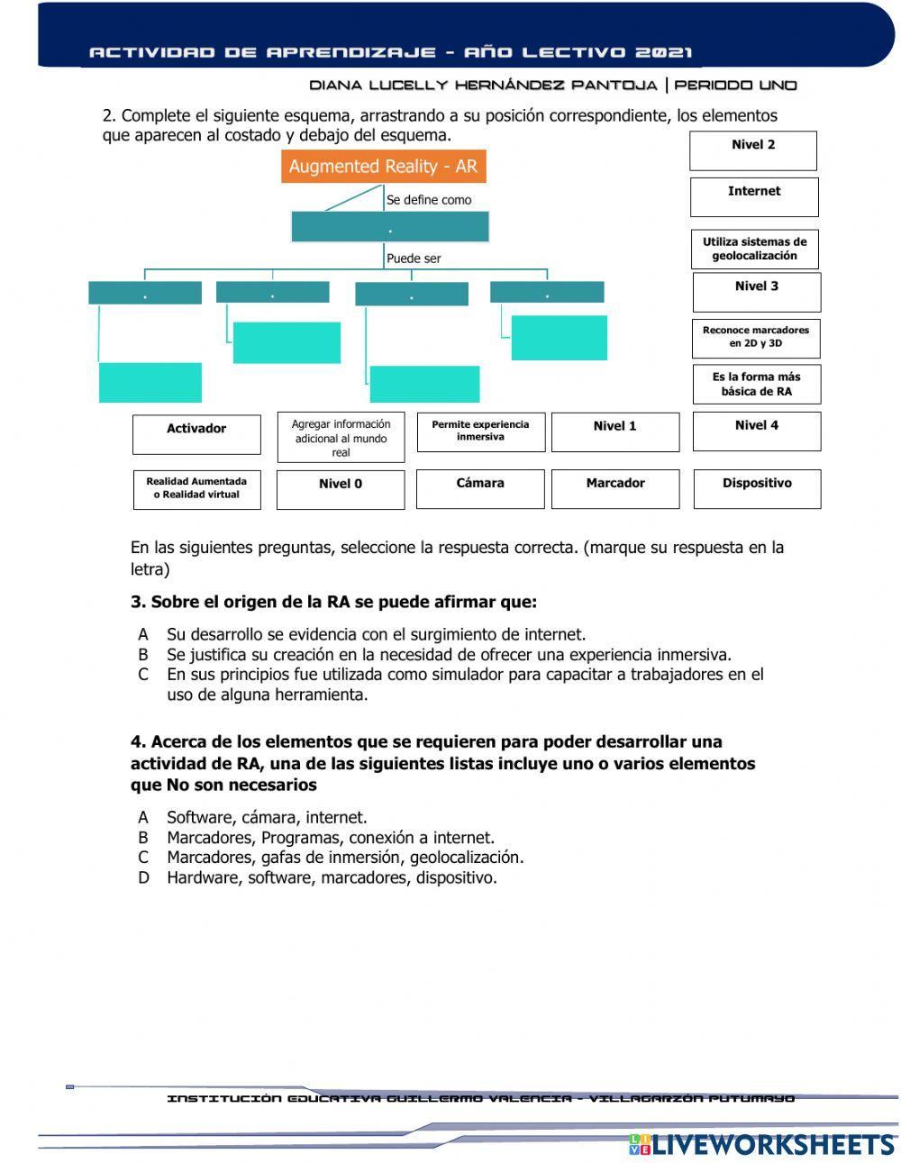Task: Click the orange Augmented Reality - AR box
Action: [x=383, y=167]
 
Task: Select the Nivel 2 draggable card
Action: [x=753, y=150]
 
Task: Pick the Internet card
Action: [x=754, y=196]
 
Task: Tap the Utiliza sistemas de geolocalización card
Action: [x=755, y=249]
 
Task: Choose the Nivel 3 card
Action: [x=757, y=292]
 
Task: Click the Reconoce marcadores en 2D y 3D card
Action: [x=756, y=337]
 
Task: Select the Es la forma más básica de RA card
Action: [x=756, y=385]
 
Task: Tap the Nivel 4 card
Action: [x=757, y=431]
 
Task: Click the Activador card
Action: [x=196, y=434]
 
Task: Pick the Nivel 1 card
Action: [x=615, y=432]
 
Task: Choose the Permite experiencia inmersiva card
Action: [x=480, y=432]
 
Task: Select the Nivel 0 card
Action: [x=341, y=489]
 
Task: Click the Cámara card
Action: [x=480, y=488]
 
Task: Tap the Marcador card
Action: [x=615, y=488]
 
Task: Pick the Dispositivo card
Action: [x=757, y=488]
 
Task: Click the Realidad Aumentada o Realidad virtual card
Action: [x=196, y=489]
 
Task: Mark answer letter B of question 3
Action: [x=143, y=655]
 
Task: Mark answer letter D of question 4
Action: [x=143, y=877]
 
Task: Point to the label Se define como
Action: [x=429, y=200]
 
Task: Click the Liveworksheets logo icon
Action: [x=640, y=1144]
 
